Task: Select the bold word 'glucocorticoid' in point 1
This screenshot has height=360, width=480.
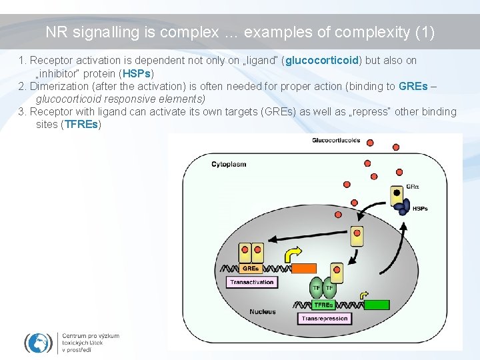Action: click(323, 61)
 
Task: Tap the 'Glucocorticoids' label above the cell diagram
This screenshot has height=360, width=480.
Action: click(336, 140)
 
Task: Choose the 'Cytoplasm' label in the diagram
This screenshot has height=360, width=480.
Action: click(228, 164)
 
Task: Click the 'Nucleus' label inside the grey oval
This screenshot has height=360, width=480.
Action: click(262, 311)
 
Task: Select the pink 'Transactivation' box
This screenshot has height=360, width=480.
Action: click(252, 283)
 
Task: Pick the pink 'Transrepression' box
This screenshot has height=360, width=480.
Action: click(325, 319)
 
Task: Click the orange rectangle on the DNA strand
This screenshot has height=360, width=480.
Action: click(304, 269)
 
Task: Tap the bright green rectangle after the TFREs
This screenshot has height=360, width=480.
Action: click(377, 305)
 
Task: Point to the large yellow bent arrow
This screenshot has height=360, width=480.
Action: click(292, 255)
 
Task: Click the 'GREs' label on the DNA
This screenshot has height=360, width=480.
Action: click(251, 269)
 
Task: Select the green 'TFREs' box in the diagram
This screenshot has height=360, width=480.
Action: click(323, 305)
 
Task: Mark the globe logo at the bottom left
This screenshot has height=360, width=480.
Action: click(38, 343)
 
